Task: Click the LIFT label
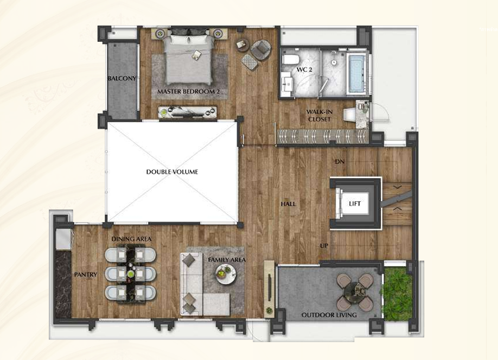coord(355,204)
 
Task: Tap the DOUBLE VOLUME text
coord(172,172)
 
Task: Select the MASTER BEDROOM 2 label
coord(189,92)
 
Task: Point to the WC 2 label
coord(304,70)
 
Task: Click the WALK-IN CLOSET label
coord(319,116)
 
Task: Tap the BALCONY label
coord(122,78)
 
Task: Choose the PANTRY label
coord(85,274)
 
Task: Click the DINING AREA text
coord(131,238)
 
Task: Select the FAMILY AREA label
coord(227,260)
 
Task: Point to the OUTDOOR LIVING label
coord(329,315)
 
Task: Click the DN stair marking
coord(340,162)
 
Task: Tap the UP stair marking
coord(324,245)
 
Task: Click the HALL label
coord(288,204)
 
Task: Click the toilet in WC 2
coord(291,60)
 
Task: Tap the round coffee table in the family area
coord(226,274)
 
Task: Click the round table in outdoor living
coord(354,292)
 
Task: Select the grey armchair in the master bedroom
coord(260,49)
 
